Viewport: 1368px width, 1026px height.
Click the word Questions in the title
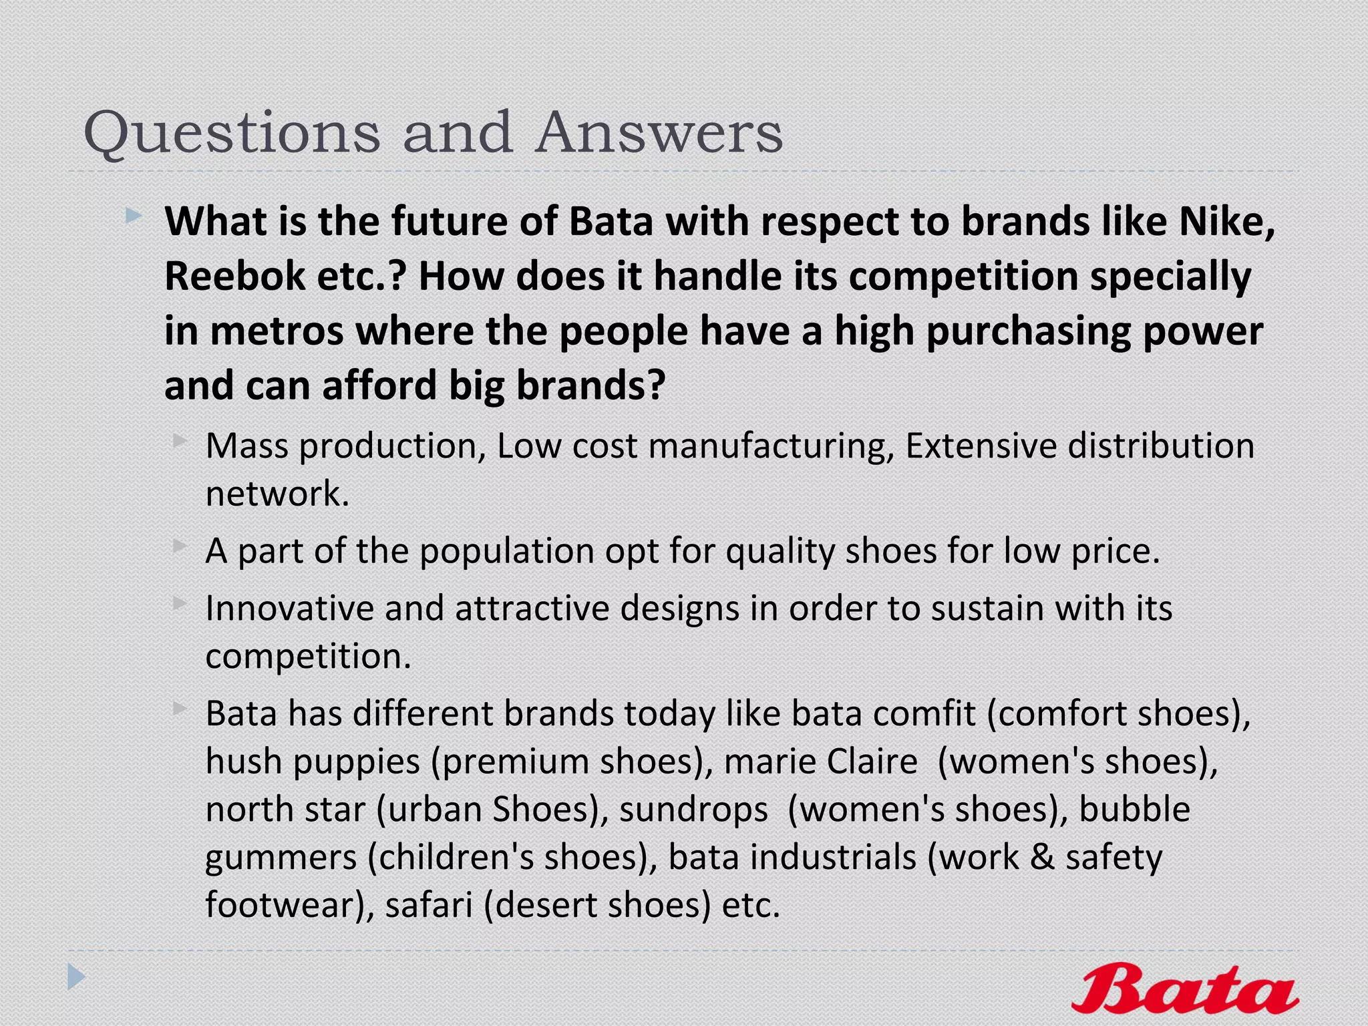click(231, 133)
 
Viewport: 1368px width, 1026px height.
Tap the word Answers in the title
click(659, 133)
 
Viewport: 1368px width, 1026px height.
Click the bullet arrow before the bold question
click(133, 216)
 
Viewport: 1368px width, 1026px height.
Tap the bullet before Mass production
click(179, 440)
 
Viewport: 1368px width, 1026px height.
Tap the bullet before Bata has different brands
click(179, 708)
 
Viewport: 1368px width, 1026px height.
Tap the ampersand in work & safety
click(1042, 858)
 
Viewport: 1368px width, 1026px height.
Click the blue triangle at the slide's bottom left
click(76, 977)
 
